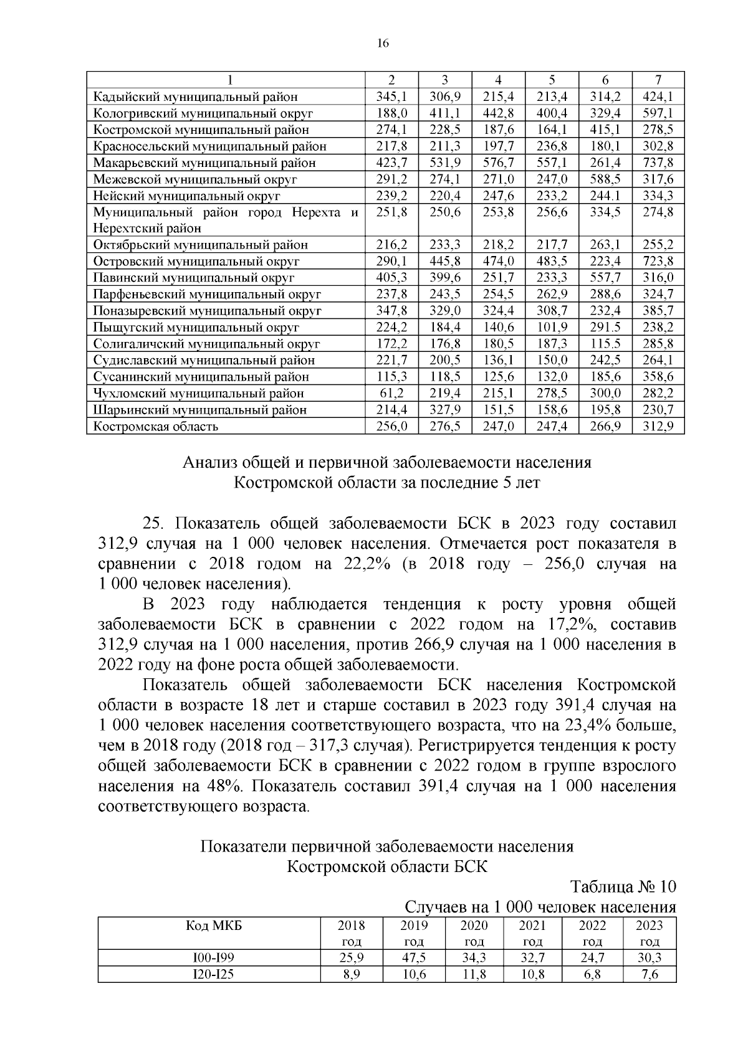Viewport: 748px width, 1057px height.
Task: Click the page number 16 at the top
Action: [x=383, y=43]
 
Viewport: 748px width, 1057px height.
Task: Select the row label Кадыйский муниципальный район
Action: [x=195, y=97]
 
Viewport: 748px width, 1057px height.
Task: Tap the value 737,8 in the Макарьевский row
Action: [x=658, y=163]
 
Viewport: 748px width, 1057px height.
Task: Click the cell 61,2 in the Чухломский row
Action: [x=391, y=393]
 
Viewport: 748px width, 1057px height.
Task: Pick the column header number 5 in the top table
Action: [x=552, y=80]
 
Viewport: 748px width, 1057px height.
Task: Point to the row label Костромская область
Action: [x=155, y=426]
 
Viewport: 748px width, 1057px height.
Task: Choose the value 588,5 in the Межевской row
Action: [x=605, y=179]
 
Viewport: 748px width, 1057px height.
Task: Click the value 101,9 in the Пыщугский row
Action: [x=552, y=327]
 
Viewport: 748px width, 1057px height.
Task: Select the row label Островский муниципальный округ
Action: [x=196, y=261]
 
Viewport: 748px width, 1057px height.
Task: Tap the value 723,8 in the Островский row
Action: [x=658, y=261]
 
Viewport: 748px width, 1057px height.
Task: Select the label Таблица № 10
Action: [x=623, y=886]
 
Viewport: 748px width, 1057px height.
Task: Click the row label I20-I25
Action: [x=209, y=975]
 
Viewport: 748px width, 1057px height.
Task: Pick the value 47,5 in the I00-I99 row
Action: [x=414, y=958]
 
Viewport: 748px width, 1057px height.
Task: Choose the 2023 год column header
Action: [x=649, y=933]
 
